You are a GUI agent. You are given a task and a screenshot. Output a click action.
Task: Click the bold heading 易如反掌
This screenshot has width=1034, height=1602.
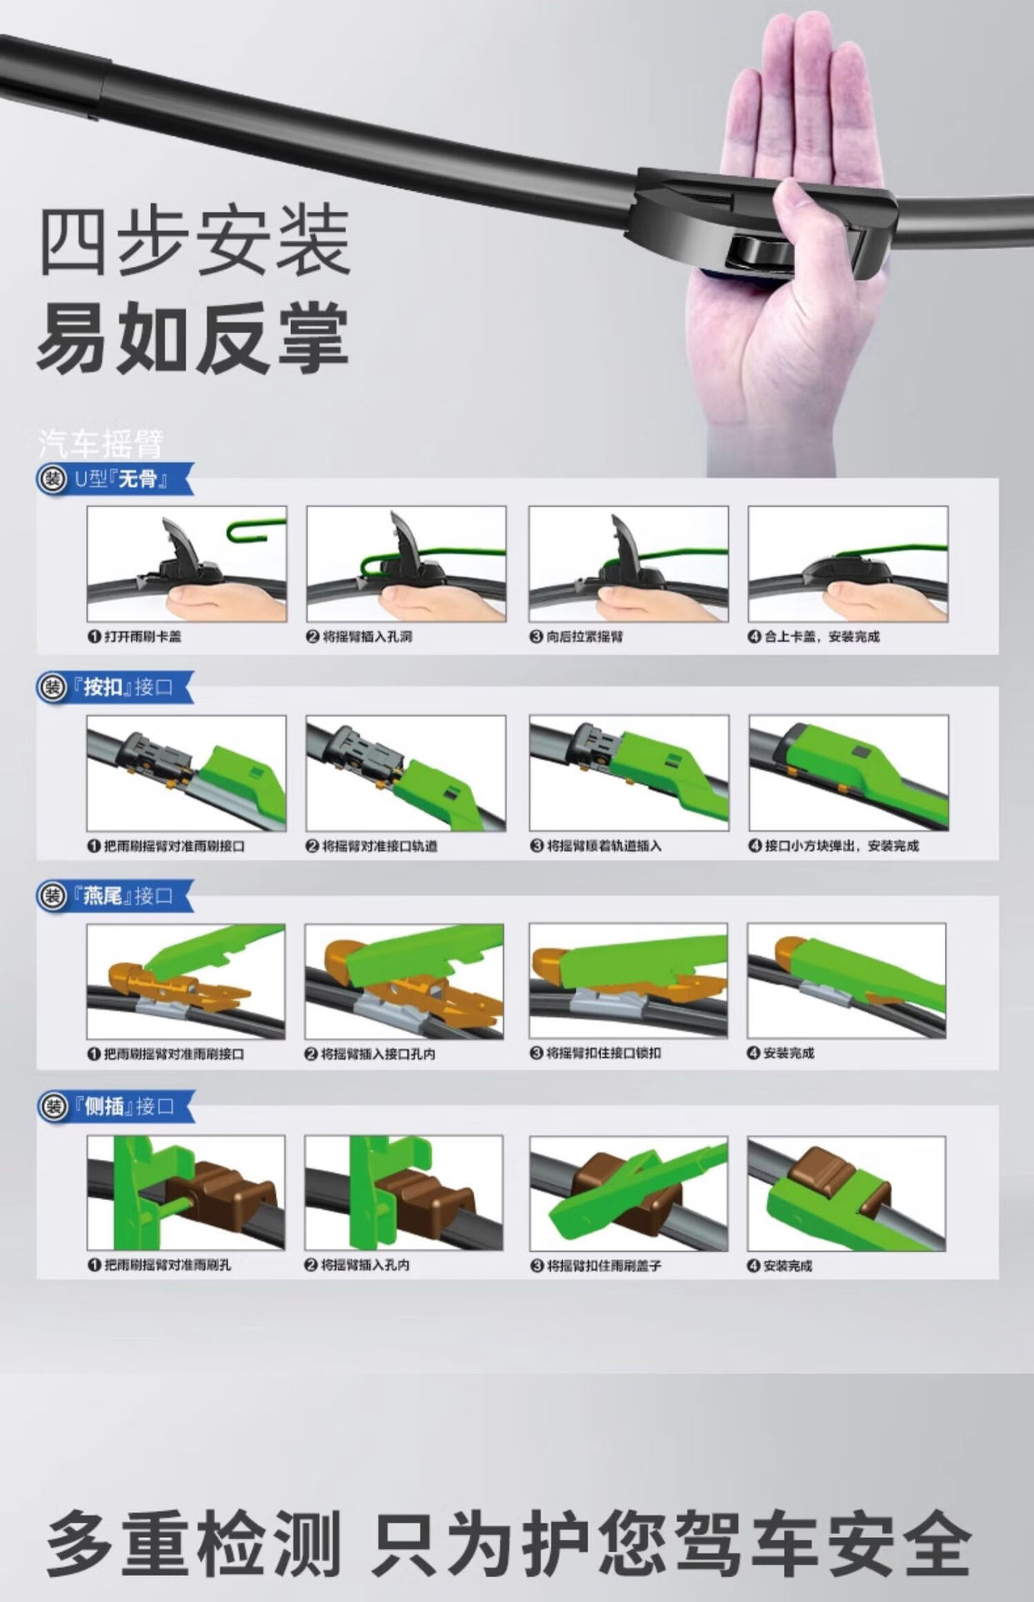click(x=193, y=339)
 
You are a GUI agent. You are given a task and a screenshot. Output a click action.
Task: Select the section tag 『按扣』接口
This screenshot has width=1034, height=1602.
click(x=128, y=688)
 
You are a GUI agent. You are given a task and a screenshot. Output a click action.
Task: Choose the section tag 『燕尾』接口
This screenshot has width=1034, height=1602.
click(x=128, y=896)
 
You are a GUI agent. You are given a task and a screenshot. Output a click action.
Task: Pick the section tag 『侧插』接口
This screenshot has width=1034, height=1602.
click(x=128, y=1106)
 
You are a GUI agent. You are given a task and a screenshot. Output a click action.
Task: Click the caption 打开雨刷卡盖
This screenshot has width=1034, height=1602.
click(x=134, y=637)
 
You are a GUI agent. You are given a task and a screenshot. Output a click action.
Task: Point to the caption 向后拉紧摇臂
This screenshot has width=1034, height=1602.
click(x=576, y=637)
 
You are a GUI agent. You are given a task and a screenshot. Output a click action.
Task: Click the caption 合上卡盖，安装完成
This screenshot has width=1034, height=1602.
click(x=814, y=637)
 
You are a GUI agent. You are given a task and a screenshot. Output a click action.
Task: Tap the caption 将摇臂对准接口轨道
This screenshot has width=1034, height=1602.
click(x=371, y=846)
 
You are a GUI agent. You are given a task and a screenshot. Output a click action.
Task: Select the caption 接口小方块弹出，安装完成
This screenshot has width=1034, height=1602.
click(x=834, y=846)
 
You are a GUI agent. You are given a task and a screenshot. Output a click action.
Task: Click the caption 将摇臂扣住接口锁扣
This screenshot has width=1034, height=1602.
click(x=595, y=1053)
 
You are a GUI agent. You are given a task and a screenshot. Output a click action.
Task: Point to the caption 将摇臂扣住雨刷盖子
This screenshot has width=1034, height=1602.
click(x=595, y=1266)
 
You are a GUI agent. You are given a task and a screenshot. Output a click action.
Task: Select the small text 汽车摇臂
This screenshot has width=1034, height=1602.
click(x=101, y=443)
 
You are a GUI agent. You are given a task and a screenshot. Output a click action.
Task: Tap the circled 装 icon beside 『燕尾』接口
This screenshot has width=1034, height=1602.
click(x=54, y=897)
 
